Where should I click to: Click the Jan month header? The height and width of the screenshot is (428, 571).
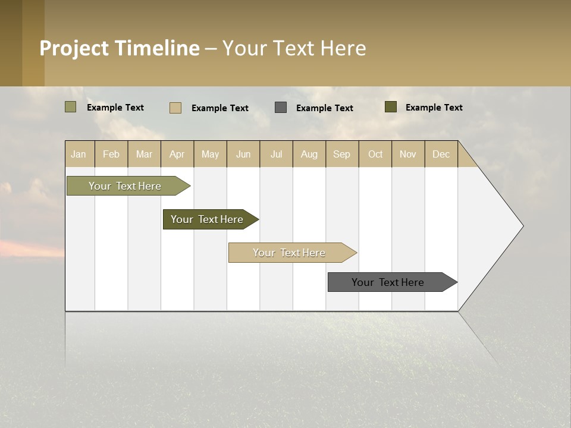tap(79, 154)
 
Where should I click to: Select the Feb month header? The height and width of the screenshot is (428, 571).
tap(111, 154)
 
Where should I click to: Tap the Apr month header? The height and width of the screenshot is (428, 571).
tap(177, 154)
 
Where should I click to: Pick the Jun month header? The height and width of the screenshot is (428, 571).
tap(243, 154)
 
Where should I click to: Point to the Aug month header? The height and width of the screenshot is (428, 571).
tap(309, 154)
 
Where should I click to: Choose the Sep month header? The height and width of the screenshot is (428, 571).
tap(342, 154)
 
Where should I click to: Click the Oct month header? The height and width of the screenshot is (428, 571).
tap(375, 154)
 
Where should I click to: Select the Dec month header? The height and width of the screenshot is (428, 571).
tap(441, 154)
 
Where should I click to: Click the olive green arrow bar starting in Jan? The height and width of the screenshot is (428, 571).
tap(125, 186)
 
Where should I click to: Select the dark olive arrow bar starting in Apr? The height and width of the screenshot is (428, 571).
tap(207, 219)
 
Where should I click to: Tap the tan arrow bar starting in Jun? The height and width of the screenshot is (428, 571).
tap(289, 253)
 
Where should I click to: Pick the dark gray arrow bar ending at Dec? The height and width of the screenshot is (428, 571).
tap(388, 282)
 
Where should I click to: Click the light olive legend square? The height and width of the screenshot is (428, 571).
tap(70, 107)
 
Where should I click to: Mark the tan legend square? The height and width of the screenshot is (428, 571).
tap(175, 108)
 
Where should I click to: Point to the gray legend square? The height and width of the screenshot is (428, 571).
tap(281, 107)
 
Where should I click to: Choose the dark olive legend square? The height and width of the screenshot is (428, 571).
tap(391, 107)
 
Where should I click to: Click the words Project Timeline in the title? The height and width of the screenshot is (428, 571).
tap(119, 48)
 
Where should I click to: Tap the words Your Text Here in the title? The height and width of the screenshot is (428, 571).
tap(294, 48)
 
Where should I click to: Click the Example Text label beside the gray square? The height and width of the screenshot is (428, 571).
tap(325, 108)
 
